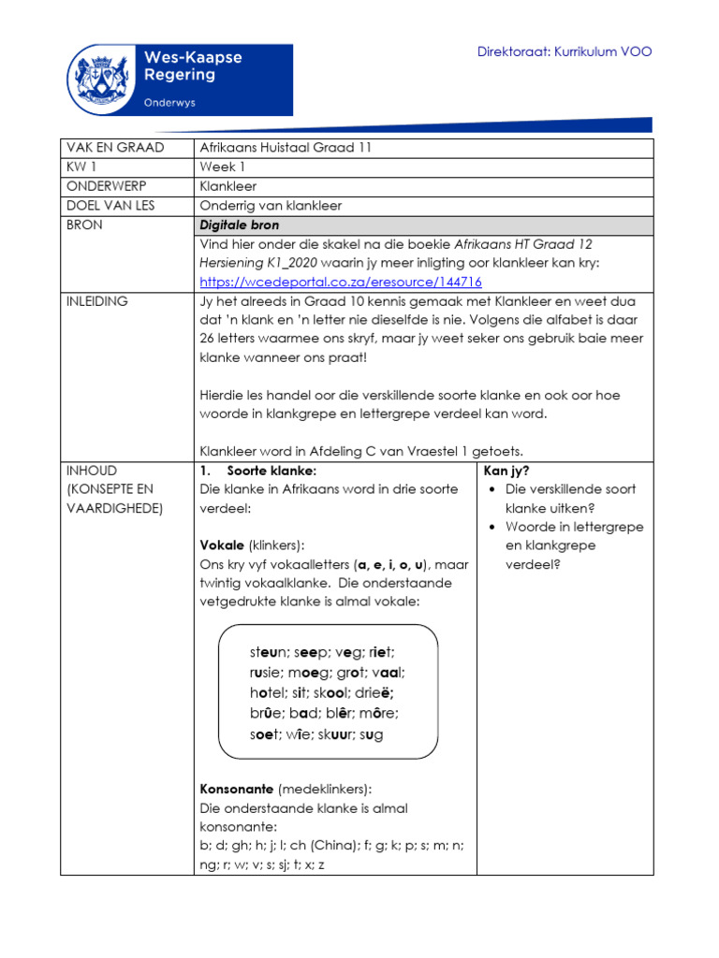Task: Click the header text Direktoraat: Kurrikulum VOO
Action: tap(565, 51)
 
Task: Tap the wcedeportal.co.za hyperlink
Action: tap(341, 282)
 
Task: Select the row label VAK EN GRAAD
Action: tap(114, 148)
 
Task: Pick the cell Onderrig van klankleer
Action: tap(271, 206)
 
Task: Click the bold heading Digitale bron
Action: tap(240, 225)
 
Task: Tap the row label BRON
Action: tap(85, 225)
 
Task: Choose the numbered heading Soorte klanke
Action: tap(271, 470)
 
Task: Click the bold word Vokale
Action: tap(222, 544)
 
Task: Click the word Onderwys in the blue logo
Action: tap(169, 102)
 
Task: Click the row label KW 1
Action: tap(82, 167)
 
